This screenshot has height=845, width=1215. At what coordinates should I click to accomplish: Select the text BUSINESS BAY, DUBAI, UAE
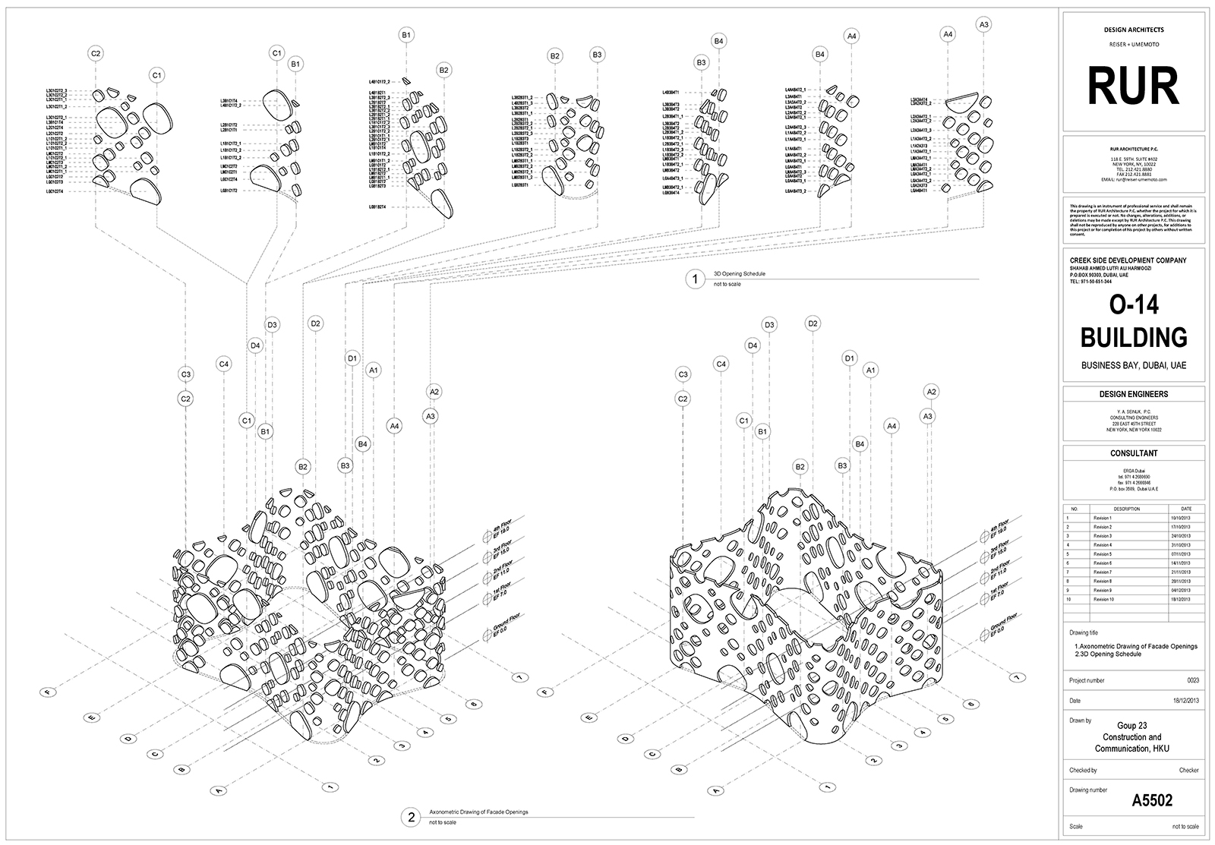click(x=1133, y=365)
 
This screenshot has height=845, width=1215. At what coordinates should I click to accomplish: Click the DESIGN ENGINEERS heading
click(x=1133, y=394)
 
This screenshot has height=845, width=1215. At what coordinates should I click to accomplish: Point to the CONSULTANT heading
click(x=1133, y=453)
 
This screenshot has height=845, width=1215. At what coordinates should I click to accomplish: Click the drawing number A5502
click(x=1152, y=800)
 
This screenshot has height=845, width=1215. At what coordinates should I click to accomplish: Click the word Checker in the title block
click(x=1188, y=771)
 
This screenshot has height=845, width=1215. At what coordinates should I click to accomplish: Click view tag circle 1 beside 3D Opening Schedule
click(x=694, y=279)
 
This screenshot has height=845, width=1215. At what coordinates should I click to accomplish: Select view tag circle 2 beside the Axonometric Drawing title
click(x=411, y=817)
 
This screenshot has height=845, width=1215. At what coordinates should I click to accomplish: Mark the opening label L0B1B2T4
click(x=378, y=207)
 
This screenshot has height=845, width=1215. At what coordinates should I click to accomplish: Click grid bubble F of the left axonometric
click(x=48, y=692)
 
